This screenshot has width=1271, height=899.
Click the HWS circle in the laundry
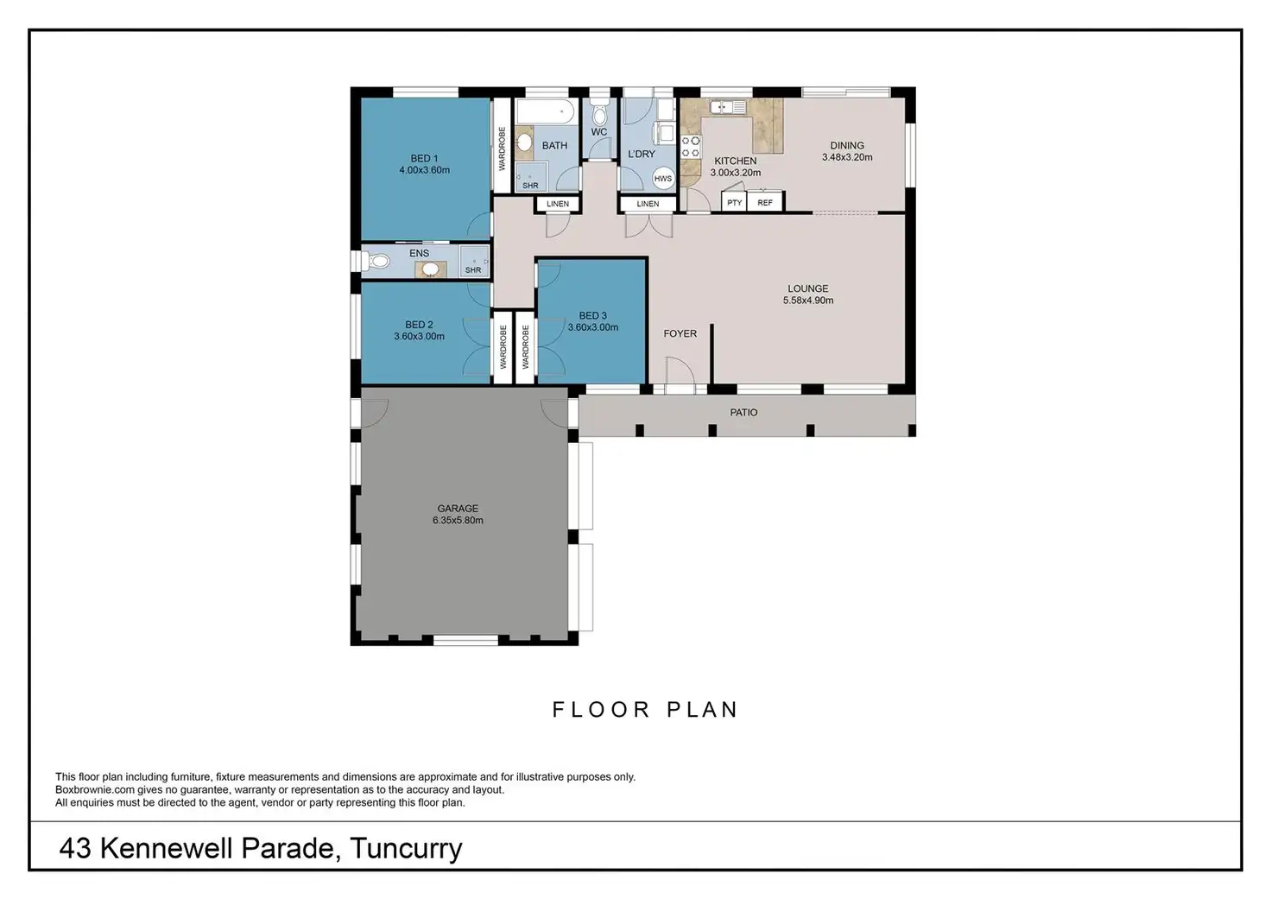coord(663,178)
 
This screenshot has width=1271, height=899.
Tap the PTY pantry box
coord(734,202)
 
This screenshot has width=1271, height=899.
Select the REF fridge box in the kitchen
coord(765,202)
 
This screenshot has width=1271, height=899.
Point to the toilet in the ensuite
coord(376,261)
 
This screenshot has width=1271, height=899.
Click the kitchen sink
coord(727,106)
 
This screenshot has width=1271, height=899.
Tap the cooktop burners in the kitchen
coord(691,147)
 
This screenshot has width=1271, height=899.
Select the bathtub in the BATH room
coord(546,111)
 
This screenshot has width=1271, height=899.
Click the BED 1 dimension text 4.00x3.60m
coord(425,170)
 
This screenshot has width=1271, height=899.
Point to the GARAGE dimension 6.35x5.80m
coord(458,520)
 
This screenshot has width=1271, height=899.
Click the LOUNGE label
coord(808,288)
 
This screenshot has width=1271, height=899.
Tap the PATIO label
coord(743,413)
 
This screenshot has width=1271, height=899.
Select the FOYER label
coord(680,333)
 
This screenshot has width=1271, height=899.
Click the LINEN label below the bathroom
coord(558,204)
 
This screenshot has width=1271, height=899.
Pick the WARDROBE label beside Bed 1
coord(502,149)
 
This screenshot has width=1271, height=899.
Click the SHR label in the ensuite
coord(473,270)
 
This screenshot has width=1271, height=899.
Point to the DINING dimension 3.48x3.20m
coord(847,157)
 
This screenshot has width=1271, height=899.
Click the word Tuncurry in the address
coord(407,849)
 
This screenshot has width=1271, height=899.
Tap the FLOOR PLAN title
coord(645,709)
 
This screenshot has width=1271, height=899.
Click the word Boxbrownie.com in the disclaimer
coord(95,789)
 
